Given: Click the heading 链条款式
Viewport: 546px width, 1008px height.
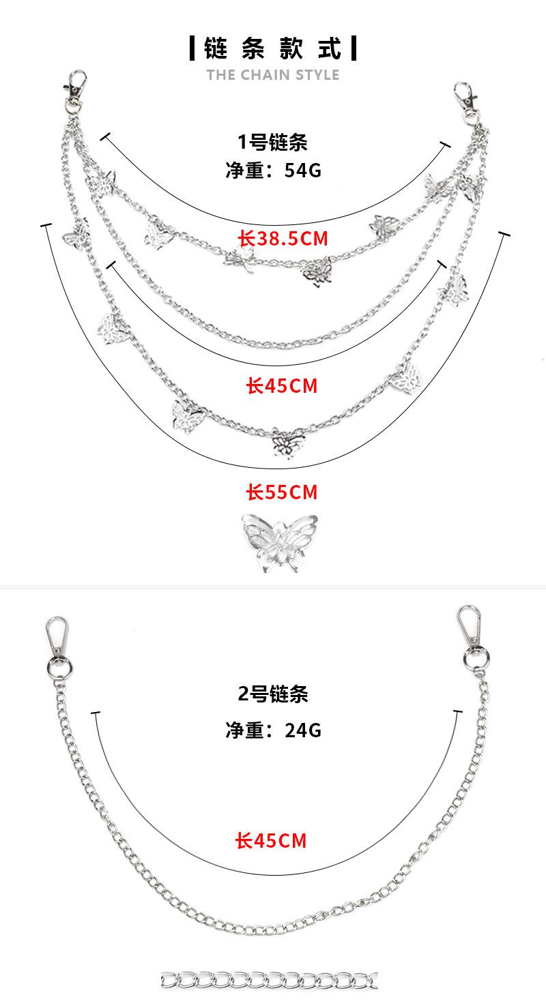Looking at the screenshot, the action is click(273, 48).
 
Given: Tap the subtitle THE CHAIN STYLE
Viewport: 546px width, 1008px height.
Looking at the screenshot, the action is click(273, 74).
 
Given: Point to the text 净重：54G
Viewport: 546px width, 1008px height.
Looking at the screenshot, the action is click(273, 170).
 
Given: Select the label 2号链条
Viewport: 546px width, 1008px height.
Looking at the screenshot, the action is click(273, 694).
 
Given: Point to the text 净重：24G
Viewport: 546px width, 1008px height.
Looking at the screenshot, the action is click(273, 730).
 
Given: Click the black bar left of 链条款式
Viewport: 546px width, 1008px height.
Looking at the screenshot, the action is click(192, 48).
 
